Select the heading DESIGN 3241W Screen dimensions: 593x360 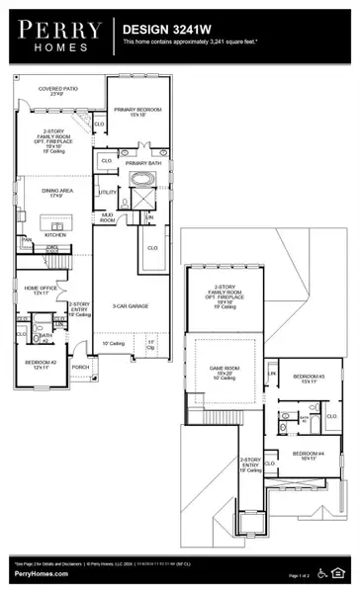pyautogui.click(x=164, y=31)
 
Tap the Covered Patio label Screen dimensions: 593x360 pyautogui.click(x=54, y=91)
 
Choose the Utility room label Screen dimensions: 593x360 pyautogui.click(x=107, y=192)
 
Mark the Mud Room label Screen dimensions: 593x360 pyautogui.click(x=107, y=219)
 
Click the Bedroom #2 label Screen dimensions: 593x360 pyautogui.click(x=37, y=364)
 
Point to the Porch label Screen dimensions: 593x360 pyautogui.click(x=80, y=366)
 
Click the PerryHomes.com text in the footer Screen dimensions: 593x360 pyautogui.click(x=37, y=575)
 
